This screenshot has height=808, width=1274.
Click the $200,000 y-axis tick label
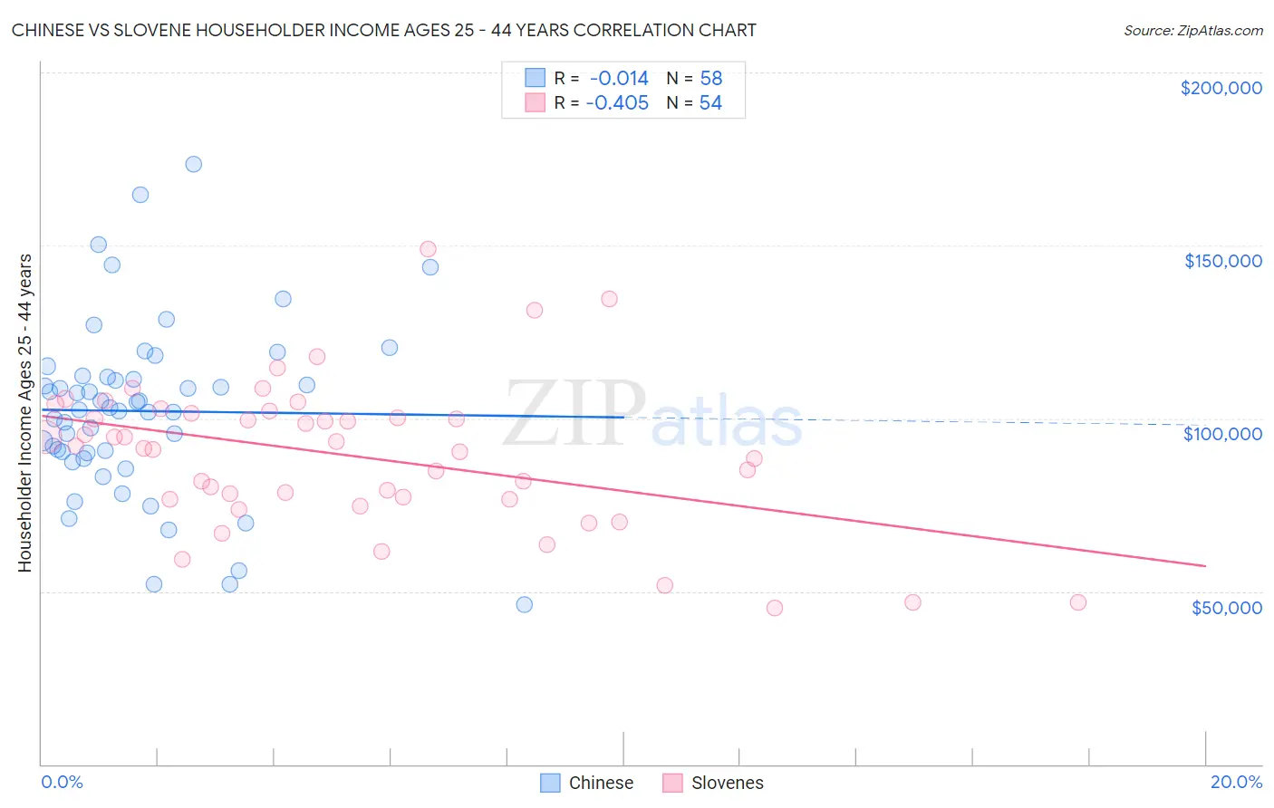[x=1221, y=88]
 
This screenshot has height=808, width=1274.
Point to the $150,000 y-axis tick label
[x=1222, y=261]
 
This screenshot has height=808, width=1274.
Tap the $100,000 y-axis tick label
[x=1222, y=434]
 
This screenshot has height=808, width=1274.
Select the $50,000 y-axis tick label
[x=1226, y=608]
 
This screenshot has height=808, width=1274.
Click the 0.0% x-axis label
[x=62, y=782]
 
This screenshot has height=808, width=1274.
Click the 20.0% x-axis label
[x=1236, y=782]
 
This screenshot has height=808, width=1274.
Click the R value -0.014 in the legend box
[x=619, y=79]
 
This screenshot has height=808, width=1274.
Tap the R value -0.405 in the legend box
[x=617, y=103]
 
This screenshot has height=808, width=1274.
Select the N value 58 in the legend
[x=711, y=79]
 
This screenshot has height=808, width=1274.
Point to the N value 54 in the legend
[x=710, y=103]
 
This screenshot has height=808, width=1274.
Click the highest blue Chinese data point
[x=193, y=164]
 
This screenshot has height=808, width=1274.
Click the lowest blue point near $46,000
[x=524, y=604]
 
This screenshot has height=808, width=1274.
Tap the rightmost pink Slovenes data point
[x=1077, y=602]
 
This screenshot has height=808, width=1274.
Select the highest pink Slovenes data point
[x=428, y=249]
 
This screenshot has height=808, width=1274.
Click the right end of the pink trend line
[x=1204, y=565]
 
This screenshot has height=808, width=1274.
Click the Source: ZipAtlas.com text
[x=1192, y=31]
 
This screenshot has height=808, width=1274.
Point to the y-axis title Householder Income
[x=24, y=413]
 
